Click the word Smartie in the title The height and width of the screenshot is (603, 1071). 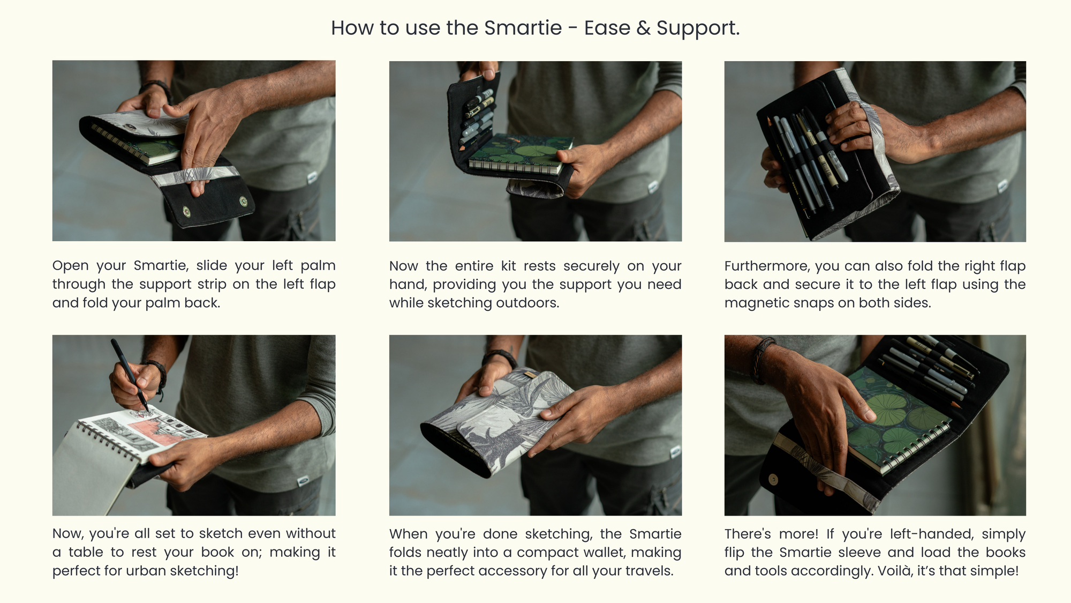(523, 28)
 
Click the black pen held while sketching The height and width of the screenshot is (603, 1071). (130, 375)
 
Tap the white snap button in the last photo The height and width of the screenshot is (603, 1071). (773, 479)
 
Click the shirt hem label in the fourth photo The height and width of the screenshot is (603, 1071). (303, 482)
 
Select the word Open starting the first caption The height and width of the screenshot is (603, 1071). (71, 266)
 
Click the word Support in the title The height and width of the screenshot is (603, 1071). (698, 28)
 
